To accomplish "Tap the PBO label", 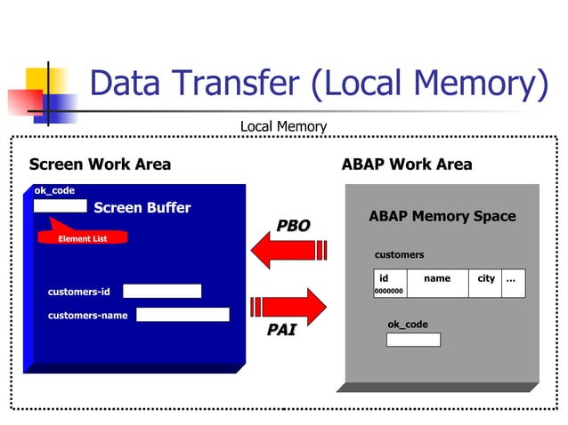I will [293, 226].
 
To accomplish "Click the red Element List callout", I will [83, 237].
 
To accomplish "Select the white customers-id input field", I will [162, 291].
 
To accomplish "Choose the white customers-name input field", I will [183, 315].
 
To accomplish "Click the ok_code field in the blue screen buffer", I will [61, 206].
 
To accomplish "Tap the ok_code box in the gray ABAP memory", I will [413, 340].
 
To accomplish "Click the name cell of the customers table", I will [437, 278].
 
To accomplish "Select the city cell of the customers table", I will [486, 278].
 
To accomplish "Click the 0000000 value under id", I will [389, 290].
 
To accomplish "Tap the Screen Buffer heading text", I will [142, 208].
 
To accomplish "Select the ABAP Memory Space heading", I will [442, 216].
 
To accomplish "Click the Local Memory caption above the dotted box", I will [283, 127].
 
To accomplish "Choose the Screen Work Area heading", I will [100, 164].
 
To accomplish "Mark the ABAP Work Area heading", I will [407, 164].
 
